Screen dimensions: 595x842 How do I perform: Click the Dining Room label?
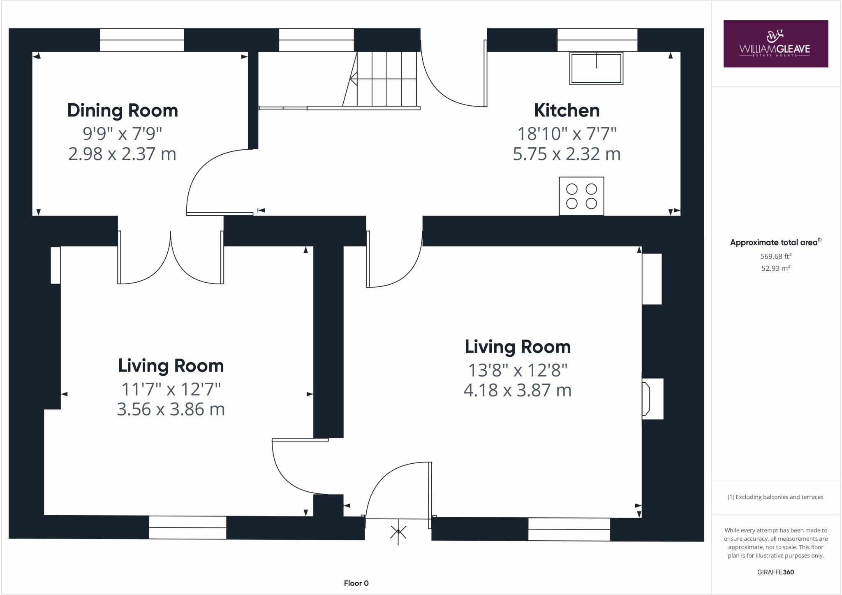(x=123, y=111)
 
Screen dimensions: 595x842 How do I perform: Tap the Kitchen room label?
(x=567, y=111)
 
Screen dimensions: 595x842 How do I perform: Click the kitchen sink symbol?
(x=596, y=68)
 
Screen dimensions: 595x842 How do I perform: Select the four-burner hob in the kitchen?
(x=581, y=196)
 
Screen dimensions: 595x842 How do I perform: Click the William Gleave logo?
(x=775, y=44)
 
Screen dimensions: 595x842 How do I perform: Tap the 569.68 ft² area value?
(x=775, y=256)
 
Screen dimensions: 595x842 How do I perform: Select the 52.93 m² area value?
(x=775, y=268)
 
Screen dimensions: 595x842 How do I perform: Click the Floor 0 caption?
(x=356, y=583)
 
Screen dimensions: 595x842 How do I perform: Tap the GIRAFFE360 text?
(x=775, y=572)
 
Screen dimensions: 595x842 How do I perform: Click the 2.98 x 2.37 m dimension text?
(x=122, y=154)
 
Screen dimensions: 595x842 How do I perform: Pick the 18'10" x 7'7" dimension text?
(x=567, y=133)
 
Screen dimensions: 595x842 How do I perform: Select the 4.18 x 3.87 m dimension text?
(x=517, y=390)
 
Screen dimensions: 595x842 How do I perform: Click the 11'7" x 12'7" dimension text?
(x=171, y=389)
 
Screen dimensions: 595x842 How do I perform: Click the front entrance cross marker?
(x=398, y=532)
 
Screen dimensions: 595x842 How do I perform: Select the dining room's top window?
(x=142, y=40)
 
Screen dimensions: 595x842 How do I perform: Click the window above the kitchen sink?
(x=597, y=40)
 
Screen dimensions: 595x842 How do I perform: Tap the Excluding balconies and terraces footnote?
(x=775, y=497)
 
